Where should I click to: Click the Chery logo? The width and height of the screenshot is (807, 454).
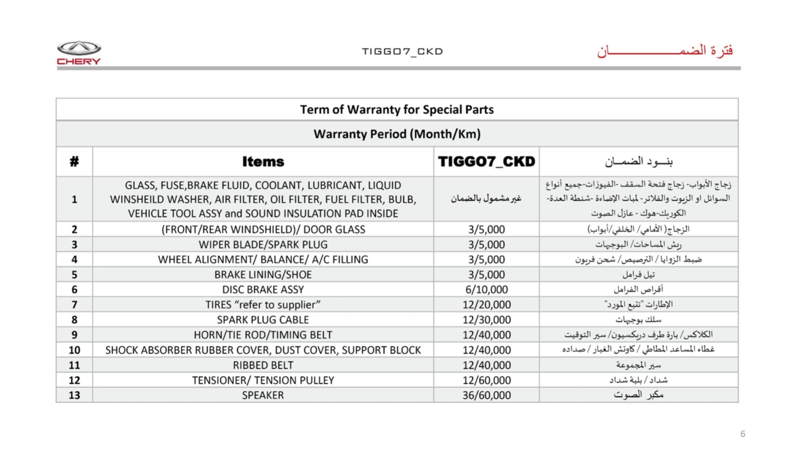[79, 52]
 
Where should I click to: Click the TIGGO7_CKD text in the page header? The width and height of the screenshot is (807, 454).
[402, 52]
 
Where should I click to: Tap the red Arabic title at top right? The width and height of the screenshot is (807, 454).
[665, 51]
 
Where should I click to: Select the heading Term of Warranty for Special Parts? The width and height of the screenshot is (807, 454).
[397, 109]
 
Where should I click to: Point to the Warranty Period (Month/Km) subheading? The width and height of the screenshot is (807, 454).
[397, 134]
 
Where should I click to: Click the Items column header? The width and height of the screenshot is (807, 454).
[263, 161]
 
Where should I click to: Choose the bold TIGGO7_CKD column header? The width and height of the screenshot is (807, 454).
[486, 161]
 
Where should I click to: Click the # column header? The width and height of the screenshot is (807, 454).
[74, 161]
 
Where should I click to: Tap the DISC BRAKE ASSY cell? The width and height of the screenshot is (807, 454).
[263, 289]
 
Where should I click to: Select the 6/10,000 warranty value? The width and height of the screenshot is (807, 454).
[486, 289]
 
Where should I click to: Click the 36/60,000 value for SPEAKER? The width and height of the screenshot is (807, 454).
[486, 395]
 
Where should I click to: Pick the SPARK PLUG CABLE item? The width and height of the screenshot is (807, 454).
[263, 320]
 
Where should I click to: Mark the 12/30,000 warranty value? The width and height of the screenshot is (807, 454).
[486, 320]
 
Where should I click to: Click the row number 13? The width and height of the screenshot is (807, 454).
[74, 395]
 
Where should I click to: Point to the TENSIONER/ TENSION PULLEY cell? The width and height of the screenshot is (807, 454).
[263, 380]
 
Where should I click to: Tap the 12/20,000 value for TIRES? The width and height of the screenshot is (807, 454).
[486, 305]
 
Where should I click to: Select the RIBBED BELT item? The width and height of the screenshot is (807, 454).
[263, 365]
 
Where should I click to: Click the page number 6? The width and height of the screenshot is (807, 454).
[743, 434]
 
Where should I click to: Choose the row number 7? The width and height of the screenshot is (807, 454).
[74, 305]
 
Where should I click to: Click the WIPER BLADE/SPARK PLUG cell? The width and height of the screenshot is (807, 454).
[263, 245]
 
